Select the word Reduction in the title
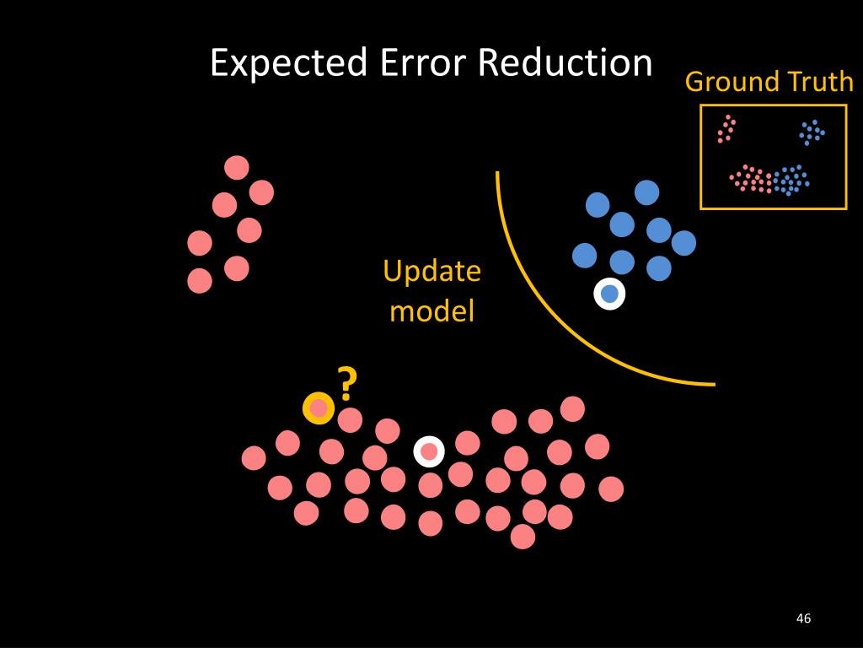pos(565,63)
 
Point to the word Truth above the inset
pos(820,82)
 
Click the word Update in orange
pos(431,272)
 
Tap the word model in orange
pos(431,311)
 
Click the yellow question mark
pos(346,384)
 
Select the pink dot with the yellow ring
pos(319,408)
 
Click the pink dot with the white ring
pos(429,451)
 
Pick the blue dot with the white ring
pos(609,294)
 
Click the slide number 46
pos(803,619)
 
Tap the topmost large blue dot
pos(646,192)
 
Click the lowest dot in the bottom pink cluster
pos(523,537)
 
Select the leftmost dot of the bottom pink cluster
pos(254,458)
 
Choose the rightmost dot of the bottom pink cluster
pos(611,489)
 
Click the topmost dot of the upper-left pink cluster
pos(237,168)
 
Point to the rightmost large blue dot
pos(683,243)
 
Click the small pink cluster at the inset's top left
pos(726,129)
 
